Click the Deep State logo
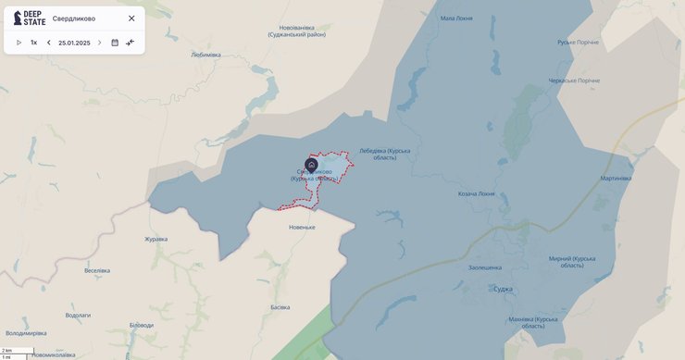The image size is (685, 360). tap(29, 18)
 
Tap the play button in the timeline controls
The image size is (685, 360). tap(19, 43)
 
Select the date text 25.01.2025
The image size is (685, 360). tap(74, 43)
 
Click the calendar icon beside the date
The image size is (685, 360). tap(115, 43)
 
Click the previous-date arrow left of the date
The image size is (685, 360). tap(49, 43)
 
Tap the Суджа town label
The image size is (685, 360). tap(503, 289)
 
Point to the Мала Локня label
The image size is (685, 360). tap(460, 18)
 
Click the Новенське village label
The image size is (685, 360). tap(302, 227)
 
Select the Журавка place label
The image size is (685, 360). tap(156, 239)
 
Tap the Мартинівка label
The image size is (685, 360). tap(616, 178)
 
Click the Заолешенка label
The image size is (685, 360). tap(485, 267)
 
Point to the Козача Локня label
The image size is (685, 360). tap(476, 194)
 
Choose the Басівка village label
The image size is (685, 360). tap(280, 307)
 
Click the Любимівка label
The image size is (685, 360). tap(205, 55)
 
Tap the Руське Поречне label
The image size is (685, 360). tap(578, 43)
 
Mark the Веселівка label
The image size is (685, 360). tap(97, 270)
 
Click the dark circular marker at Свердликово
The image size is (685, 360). tap(312, 165)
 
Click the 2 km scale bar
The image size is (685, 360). tap(18, 351)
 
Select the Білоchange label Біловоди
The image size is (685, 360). tap(142, 325)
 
